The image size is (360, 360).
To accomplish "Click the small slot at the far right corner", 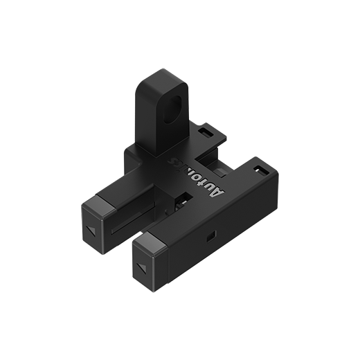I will pos(260,170).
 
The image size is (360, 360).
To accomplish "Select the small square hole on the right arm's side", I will pos(210,238).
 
